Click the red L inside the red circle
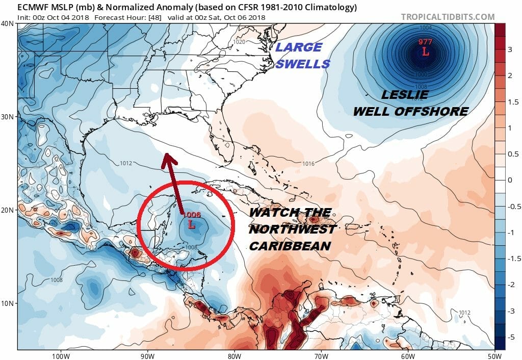tap(192, 224)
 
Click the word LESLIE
tap(404, 95)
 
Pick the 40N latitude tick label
tap(8, 24)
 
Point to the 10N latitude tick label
tap(8, 303)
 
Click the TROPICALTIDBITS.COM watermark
tap(448, 17)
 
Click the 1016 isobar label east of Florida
tap(308, 164)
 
